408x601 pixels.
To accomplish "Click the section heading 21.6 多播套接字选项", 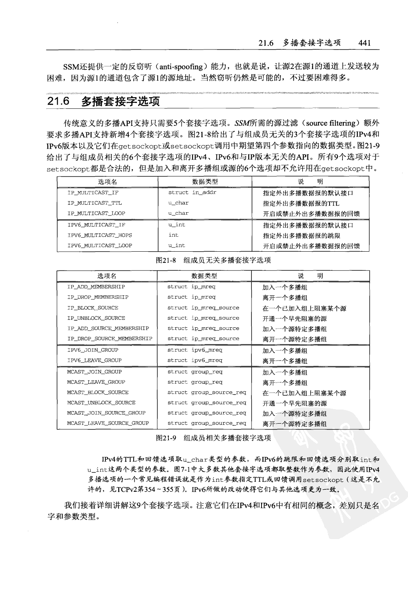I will (x=103, y=101).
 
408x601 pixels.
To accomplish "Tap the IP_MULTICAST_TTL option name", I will (x=95, y=203).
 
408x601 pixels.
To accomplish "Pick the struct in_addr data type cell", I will (x=192, y=193).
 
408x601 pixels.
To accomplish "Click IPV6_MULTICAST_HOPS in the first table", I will (x=100, y=235).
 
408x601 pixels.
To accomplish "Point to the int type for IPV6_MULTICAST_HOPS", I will (x=173, y=235).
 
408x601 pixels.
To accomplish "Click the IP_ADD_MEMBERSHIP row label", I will (x=96, y=287).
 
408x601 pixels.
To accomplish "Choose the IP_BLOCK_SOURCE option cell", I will (x=93, y=308).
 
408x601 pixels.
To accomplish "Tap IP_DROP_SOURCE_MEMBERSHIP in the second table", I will (x=110, y=339).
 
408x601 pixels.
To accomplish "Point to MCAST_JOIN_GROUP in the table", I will (x=94, y=372).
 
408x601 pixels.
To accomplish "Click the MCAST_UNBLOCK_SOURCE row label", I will (x=101, y=402).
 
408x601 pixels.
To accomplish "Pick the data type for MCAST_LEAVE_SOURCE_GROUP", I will (x=206, y=423).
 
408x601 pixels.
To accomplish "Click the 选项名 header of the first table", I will (x=107, y=182).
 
